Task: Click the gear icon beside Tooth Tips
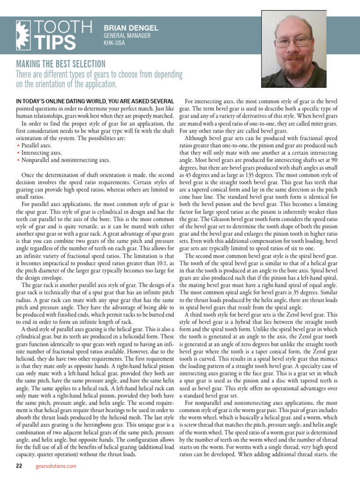click(x=25, y=35)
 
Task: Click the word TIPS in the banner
click(x=56, y=43)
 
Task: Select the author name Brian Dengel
click(x=131, y=28)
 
